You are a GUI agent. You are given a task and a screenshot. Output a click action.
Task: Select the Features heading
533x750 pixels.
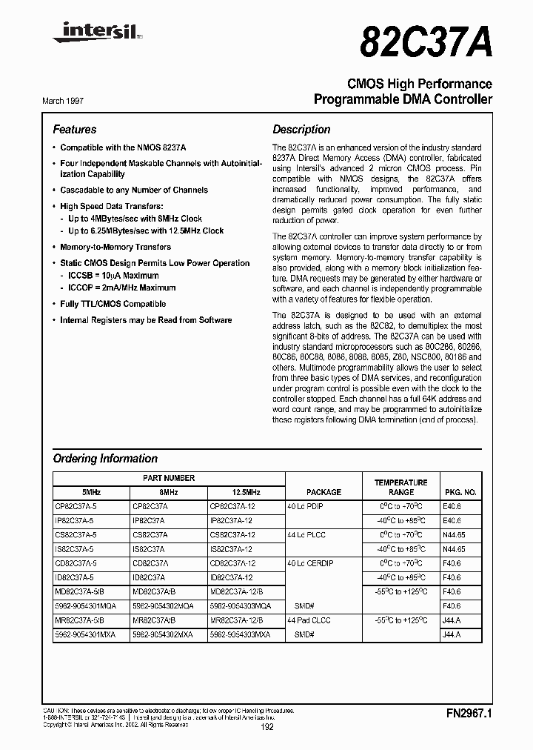(75, 129)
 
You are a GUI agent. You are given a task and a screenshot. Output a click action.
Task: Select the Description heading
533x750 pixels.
(301, 129)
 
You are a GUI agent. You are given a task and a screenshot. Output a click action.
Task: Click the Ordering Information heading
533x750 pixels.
(105, 458)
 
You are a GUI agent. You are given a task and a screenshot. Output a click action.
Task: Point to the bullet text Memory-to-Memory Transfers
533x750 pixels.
(115, 247)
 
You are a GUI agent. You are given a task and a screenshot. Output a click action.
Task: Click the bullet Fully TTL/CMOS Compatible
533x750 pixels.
(113, 304)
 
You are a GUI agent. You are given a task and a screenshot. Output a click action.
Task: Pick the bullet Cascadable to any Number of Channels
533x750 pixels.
(134, 190)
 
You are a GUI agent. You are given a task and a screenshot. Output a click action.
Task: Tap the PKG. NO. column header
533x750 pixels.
(460, 492)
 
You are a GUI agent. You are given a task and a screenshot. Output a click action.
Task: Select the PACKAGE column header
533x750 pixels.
(324, 492)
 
